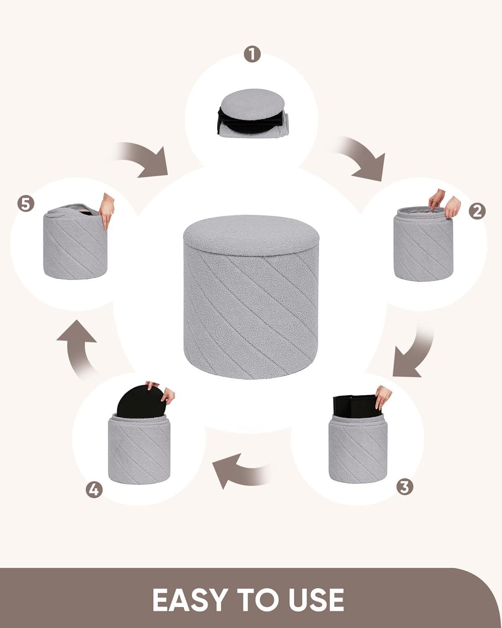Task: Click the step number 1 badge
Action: [x=252, y=54]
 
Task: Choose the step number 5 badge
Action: [x=26, y=204]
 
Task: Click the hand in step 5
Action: [x=107, y=210]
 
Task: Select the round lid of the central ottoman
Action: [x=251, y=235]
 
